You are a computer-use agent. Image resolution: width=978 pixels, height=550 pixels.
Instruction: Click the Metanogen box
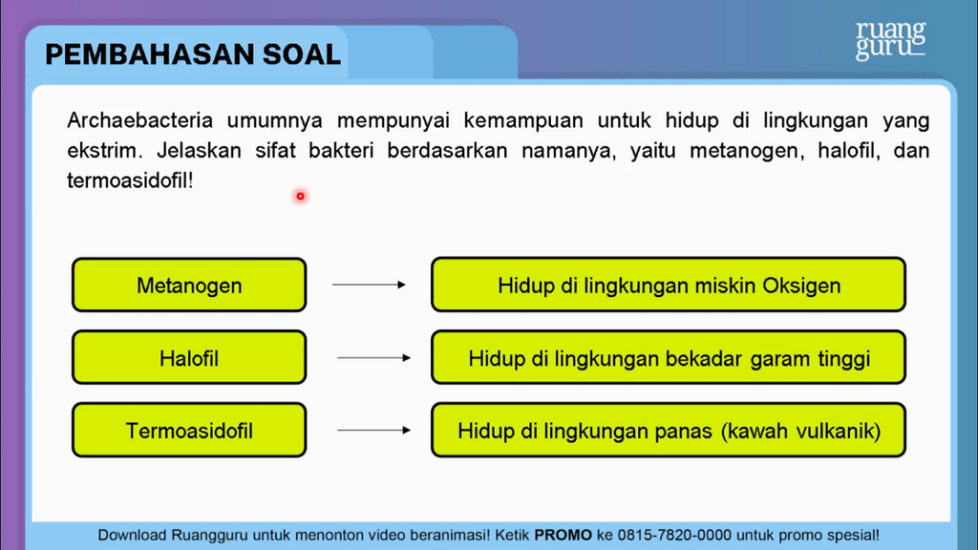pyautogui.click(x=189, y=285)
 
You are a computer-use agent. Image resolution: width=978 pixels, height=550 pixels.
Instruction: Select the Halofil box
pyautogui.click(x=189, y=358)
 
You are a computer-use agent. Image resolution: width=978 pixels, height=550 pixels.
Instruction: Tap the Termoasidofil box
pyautogui.click(x=189, y=431)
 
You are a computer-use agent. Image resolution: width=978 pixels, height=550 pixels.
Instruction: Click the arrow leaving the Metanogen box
pyautogui.click(x=369, y=285)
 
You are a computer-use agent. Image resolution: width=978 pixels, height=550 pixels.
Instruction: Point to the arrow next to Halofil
pyautogui.click(x=373, y=358)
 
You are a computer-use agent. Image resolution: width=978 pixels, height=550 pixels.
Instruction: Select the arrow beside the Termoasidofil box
pyautogui.click(x=373, y=431)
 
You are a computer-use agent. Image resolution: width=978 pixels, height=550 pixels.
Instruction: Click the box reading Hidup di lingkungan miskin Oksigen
pyautogui.click(x=668, y=285)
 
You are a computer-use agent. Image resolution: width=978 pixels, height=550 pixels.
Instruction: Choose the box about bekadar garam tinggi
pyautogui.click(x=668, y=357)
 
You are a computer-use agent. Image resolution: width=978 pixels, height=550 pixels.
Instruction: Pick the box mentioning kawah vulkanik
pyautogui.click(x=668, y=431)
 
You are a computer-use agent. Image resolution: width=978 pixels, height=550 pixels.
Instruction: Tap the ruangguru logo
pyautogui.click(x=890, y=40)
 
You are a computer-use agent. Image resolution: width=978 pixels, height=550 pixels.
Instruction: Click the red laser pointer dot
pyautogui.click(x=300, y=197)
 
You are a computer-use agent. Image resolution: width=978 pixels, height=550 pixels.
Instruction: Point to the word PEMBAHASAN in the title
pyautogui.click(x=149, y=54)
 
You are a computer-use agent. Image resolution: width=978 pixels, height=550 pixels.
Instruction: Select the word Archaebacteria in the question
pyautogui.click(x=139, y=119)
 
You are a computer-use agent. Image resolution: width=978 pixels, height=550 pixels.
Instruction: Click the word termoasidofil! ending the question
pyautogui.click(x=130, y=180)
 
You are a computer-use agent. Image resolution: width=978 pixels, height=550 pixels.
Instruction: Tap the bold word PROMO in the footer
pyautogui.click(x=563, y=535)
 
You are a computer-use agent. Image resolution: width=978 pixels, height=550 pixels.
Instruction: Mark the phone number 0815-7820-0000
pyautogui.click(x=675, y=535)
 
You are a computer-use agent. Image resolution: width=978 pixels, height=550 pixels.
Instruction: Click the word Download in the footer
pyautogui.click(x=132, y=535)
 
